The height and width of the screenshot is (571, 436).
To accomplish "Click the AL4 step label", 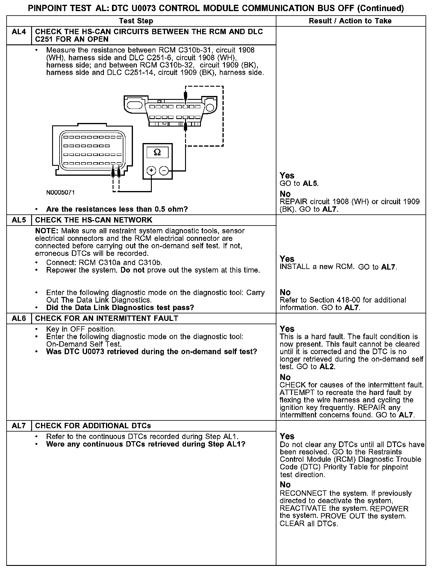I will (19, 32).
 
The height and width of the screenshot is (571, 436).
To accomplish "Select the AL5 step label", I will (19, 220).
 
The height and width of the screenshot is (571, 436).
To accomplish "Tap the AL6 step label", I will (19, 318).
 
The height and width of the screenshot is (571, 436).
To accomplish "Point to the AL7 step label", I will (19, 426).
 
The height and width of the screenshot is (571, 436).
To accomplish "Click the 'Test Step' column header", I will (136, 21).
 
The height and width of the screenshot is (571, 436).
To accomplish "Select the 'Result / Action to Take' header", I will (350, 21).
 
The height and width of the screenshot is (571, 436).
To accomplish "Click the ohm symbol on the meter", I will (157, 153).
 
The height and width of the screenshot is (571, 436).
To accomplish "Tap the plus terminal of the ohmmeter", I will (152, 171).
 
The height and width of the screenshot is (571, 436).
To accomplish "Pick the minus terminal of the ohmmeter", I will (163, 171).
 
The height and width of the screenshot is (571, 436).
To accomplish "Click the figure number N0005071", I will (60, 193).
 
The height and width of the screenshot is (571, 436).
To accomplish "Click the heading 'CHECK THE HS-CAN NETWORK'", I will (94, 220).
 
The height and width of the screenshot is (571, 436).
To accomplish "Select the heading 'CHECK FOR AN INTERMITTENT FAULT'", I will (107, 318).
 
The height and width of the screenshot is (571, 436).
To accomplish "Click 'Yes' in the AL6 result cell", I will (287, 329).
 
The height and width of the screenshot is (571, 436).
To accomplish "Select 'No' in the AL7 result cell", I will (285, 485).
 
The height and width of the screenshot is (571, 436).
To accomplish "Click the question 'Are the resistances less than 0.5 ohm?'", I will (117, 209).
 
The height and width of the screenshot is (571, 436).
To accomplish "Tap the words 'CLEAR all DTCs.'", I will (309, 524).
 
